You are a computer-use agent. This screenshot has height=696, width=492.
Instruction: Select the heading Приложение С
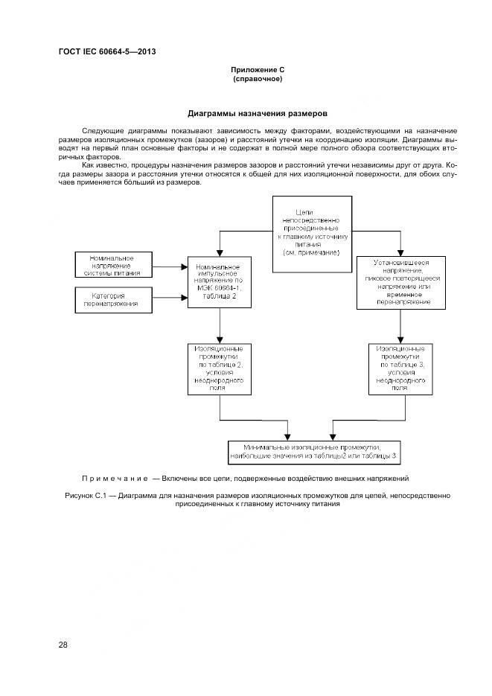(x=258, y=69)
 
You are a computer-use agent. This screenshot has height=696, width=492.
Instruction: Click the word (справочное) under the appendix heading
(x=258, y=78)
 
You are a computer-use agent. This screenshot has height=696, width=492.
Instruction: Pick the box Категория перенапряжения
(x=112, y=300)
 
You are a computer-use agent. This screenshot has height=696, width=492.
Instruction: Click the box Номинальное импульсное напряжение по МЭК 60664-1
(x=220, y=281)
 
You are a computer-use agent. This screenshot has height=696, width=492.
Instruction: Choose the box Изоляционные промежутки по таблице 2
(x=220, y=368)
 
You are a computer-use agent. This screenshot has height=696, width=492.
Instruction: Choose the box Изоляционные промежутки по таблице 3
(x=400, y=368)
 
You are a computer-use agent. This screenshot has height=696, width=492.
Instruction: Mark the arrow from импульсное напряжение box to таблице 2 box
(x=220, y=325)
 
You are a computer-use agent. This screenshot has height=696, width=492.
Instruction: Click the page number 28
(x=63, y=645)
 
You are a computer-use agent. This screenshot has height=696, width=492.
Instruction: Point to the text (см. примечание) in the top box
(x=311, y=252)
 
